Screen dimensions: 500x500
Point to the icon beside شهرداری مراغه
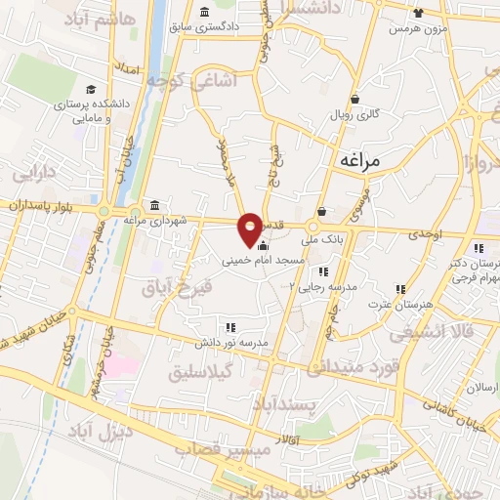pyautogui.click(x=154, y=205)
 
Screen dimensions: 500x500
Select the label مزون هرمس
pyautogui.click(x=411, y=28)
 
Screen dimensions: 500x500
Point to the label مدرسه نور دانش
pyautogui.click(x=241, y=344)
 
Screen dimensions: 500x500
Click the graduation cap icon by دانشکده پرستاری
pyautogui.click(x=90, y=89)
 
